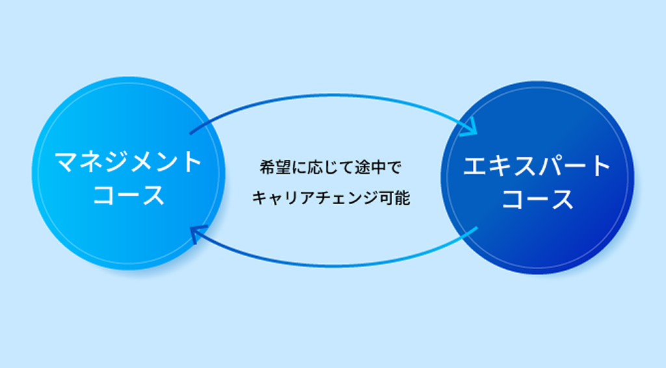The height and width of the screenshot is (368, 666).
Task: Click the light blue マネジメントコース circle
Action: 128,173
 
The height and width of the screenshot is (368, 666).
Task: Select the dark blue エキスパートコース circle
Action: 537,177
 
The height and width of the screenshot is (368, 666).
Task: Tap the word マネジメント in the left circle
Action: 128,162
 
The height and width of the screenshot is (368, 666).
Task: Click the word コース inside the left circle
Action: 128,195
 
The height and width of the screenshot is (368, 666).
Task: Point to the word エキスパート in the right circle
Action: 537,166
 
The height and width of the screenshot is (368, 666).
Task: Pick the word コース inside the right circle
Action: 537,200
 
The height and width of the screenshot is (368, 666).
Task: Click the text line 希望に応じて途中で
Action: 330,167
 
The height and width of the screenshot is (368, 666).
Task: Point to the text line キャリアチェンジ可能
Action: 330,198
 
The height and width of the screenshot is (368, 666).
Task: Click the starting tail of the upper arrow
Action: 191,134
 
